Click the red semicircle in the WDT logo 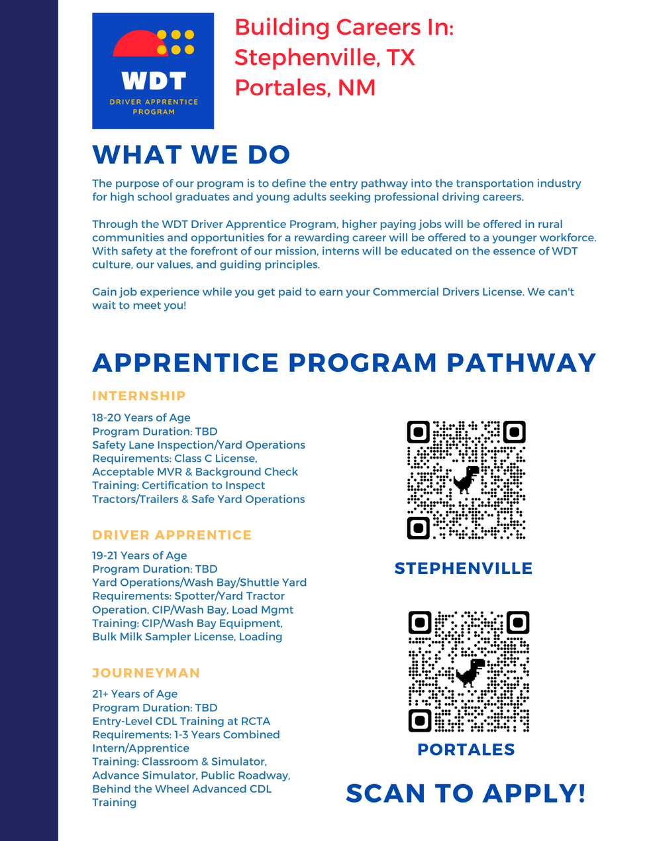[x=140, y=44]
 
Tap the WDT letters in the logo [x=154, y=81]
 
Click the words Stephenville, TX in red [x=324, y=58]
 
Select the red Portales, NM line [x=305, y=87]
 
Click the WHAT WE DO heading [x=191, y=155]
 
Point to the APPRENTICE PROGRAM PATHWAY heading [x=344, y=363]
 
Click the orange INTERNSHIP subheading [x=139, y=396]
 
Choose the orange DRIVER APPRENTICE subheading [x=172, y=535]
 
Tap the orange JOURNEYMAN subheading [x=146, y=673]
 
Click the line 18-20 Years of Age [x=141, y=418]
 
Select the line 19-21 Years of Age [x=140, y=555]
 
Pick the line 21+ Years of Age [x=135, y=694]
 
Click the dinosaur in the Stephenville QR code [x=466, y=479]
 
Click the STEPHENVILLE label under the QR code [x=464, y=569]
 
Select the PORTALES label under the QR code [x=466, y=750]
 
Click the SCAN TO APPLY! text [x=466, y=793]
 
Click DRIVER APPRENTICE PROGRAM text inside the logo [x=154, y=107]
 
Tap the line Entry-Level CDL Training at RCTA [x=181, y=721]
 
